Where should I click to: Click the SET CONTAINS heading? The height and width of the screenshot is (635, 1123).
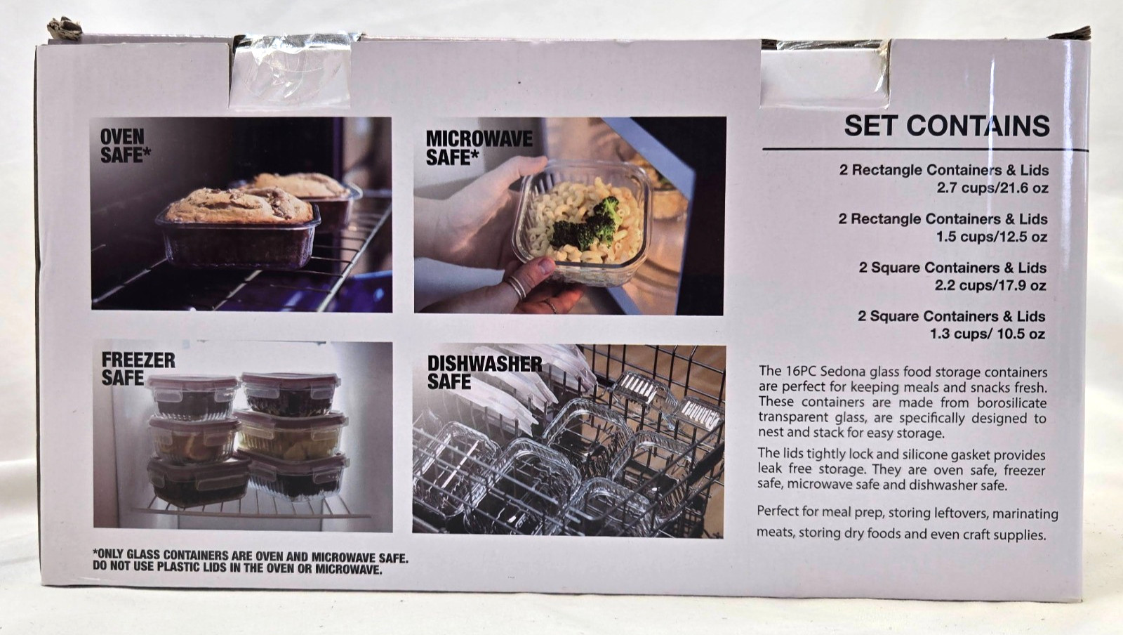pos(947,126)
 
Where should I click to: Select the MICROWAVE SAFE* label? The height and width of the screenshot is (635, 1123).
pos(479,148)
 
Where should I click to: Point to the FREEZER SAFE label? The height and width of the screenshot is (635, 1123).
pos(138,369)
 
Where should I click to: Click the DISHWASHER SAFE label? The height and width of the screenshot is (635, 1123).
pos(484,373)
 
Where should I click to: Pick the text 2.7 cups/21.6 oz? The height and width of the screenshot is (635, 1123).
pos(992,188)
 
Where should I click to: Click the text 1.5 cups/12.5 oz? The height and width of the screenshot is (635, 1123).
pos(992,237)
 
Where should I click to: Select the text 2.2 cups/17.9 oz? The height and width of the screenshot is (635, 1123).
pos(990,285)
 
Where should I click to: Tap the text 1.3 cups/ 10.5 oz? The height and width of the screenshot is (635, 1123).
pos(988,334)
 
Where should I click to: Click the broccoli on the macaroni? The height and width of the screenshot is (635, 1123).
pos(587,225)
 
